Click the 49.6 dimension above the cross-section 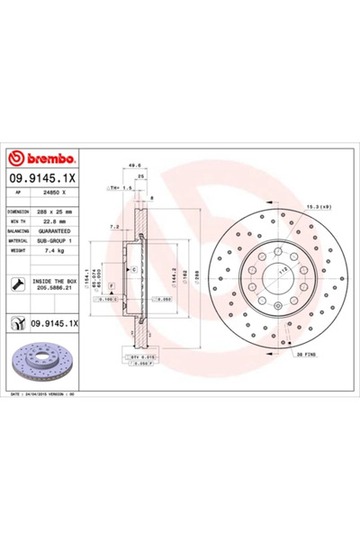tap(134, 166)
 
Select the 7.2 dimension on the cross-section tap(112, 227)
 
